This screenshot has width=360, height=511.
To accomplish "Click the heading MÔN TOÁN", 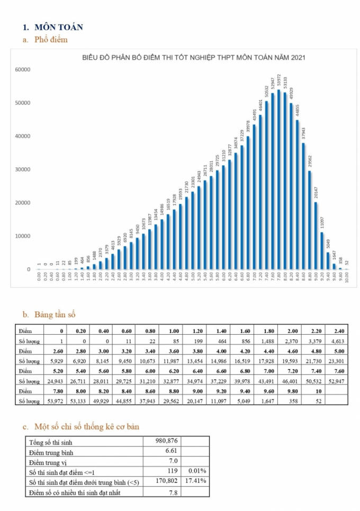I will [x=58, y=27].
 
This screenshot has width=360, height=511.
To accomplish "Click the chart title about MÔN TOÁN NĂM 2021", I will [x=194, y=58].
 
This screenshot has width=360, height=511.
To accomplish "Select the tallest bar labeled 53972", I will [x=278, y=180].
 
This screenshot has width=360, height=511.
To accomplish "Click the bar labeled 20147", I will [x=316, y=236].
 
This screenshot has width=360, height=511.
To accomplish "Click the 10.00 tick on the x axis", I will [x=346, y=278].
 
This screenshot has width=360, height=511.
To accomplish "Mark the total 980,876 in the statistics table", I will [x=166, y=441].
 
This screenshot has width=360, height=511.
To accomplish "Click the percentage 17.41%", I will [x=196, y=481].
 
